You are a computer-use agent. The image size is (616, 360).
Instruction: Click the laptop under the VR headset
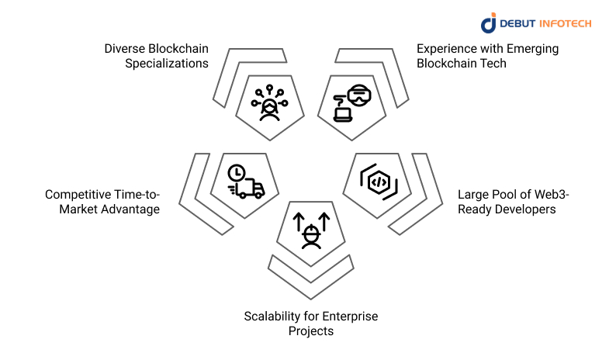342,113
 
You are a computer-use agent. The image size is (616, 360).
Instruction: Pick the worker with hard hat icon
312,234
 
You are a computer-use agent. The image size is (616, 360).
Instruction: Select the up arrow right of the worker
325,223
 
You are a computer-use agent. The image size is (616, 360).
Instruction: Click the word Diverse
126,49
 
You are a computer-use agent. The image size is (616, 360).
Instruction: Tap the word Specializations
167,63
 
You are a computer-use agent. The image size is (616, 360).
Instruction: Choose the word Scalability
275,317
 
